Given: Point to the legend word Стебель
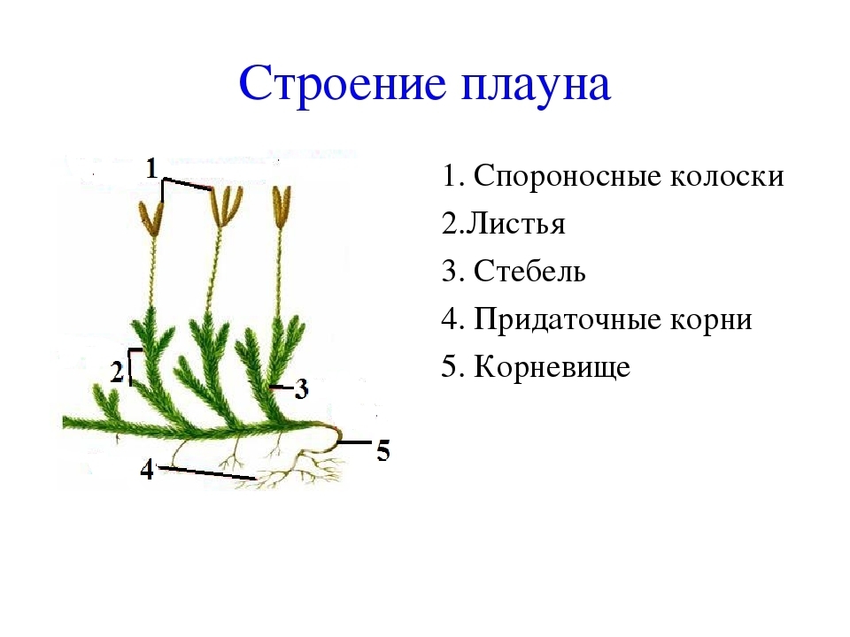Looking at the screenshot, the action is [x=529, y=271].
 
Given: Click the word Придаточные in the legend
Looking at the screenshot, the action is [x=567, y=319].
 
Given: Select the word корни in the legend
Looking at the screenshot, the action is [x=711, y=320].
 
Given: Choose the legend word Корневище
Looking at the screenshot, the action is [x=552, y=366].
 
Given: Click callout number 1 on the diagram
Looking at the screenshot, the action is [x=151, y=168].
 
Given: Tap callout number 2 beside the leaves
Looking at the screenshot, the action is [x=117, y=372].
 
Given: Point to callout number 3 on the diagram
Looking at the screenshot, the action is [x=301, y=389].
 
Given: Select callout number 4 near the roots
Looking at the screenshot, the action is [x=147, y=469].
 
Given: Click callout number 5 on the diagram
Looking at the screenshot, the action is [x=383, y=450].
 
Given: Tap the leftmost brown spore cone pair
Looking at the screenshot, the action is [x=151, y=220].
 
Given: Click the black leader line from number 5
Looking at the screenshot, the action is [x=354, y=442].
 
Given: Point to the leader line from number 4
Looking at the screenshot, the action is [x=207, y=472].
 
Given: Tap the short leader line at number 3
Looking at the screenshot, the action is [x=282, y=388].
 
